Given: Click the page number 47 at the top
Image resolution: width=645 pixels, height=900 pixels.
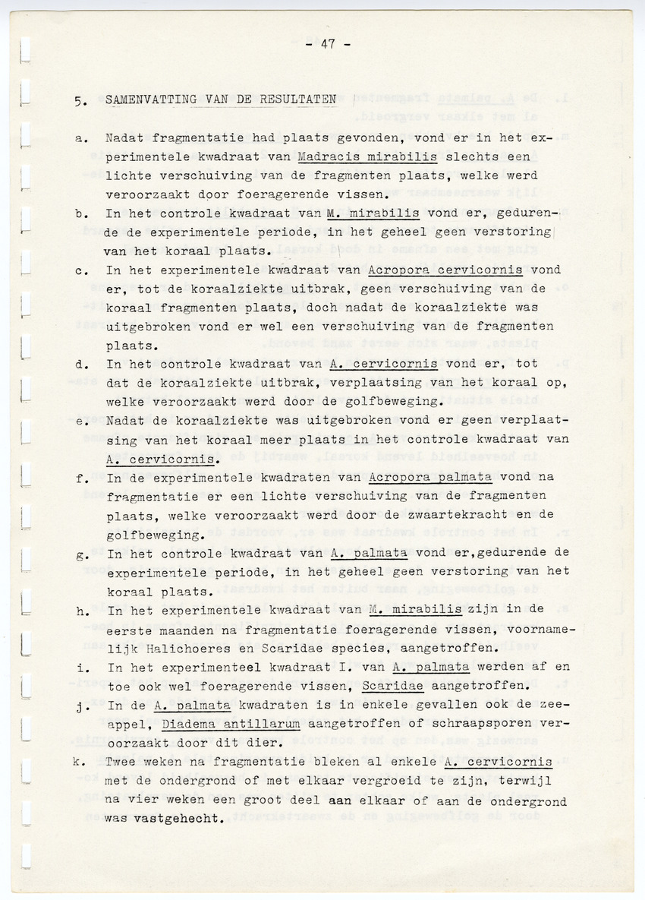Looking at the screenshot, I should pos(328,45).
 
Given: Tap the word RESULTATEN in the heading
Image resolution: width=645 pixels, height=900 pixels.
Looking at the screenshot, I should pos(300,100).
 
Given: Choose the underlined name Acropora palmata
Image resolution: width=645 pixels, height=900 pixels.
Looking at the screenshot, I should pos(430,477).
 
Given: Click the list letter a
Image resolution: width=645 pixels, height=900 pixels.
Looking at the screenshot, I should pos(80,139).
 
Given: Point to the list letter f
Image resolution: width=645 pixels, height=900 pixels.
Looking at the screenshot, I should pos(80,478).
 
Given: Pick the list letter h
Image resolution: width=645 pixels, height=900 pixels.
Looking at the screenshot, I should pos(80,610).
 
